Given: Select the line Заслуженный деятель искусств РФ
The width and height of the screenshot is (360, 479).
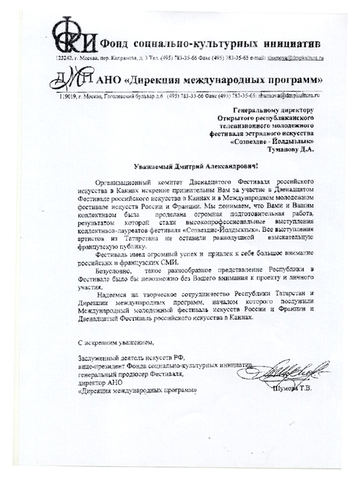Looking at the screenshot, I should coord(131,358).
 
